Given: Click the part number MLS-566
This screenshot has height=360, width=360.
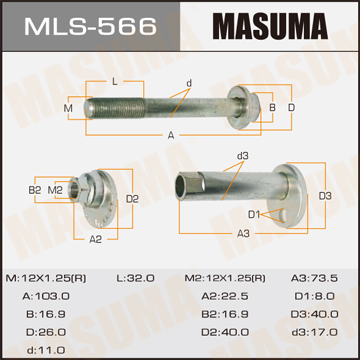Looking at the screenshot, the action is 90,26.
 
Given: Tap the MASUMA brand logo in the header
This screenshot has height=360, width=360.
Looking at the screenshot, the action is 270,26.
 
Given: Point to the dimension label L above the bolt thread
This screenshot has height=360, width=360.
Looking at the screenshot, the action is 115,82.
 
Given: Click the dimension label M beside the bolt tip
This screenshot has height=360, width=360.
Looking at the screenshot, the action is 68,108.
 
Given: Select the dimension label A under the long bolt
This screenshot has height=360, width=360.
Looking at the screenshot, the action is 171,135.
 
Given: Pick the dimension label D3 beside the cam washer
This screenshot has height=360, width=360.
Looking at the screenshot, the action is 325,196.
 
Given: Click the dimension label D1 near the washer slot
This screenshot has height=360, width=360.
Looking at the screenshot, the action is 254,215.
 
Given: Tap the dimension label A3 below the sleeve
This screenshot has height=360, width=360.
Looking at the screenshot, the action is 243,234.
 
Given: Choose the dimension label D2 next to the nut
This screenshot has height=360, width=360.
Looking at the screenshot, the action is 132,199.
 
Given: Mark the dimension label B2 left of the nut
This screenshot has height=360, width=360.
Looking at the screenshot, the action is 35,191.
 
